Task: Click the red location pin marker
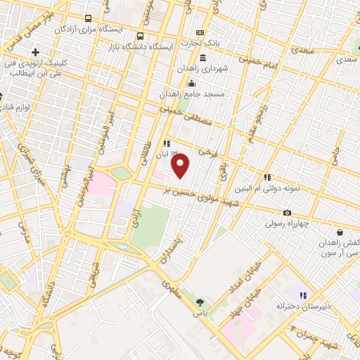pos(181,166)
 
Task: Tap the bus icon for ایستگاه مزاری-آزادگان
pos(87,19)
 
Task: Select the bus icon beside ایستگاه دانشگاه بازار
pos(141,37)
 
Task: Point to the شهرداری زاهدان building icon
pos(202,58)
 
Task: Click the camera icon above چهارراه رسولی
pos(287,213)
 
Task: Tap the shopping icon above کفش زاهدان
pos(340,231)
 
